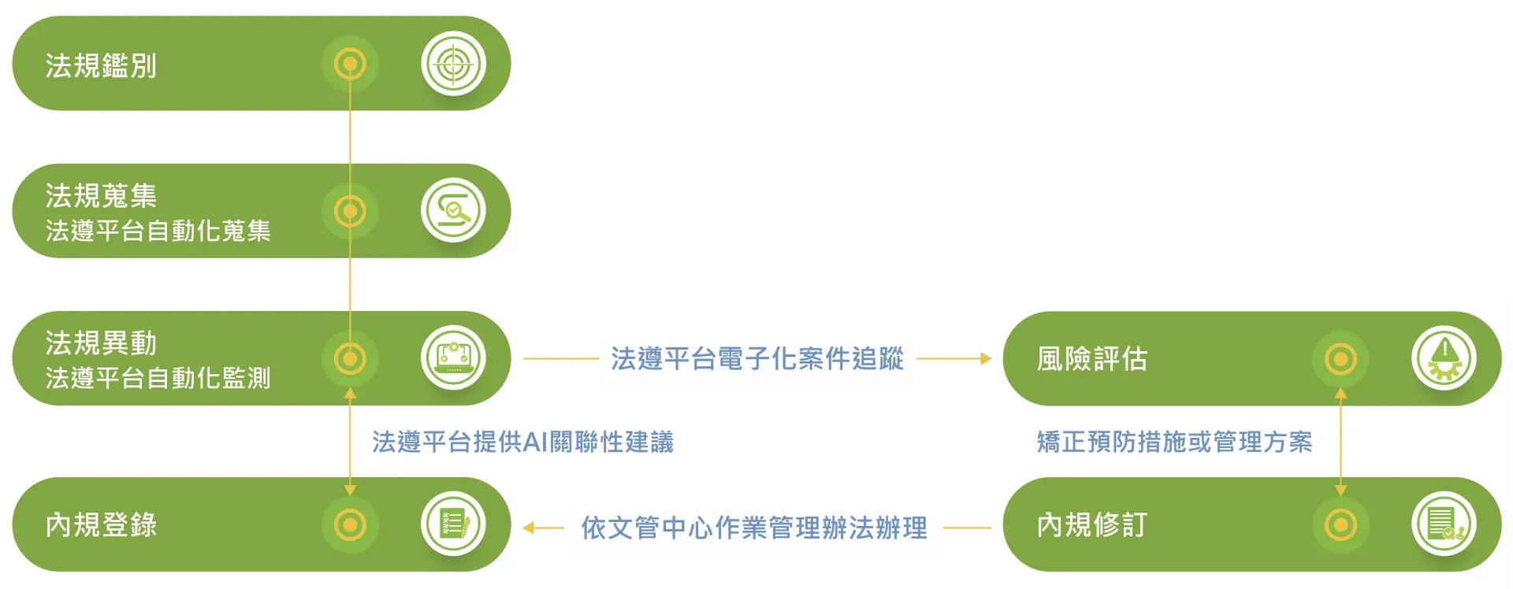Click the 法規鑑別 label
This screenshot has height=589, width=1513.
point(101,65)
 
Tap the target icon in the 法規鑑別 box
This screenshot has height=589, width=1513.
point(453,63)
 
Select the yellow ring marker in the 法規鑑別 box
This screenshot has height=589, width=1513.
point(350,63)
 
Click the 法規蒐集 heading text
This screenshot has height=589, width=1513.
point(101,195)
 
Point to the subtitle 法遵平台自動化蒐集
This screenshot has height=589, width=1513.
point(158,231)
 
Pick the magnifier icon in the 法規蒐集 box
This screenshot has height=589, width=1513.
point(453,210)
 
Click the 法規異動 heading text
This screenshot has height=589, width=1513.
point(101,343)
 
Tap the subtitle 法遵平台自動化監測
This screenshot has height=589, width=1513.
point(158,378)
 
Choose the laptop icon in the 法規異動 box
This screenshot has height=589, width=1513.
point(453,358)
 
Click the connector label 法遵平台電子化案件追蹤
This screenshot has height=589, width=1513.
point(757,359)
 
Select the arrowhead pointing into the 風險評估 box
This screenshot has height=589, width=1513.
point(986,358)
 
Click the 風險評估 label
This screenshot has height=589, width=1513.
point(1092,359)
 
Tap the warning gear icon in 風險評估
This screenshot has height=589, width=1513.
point(1444,358)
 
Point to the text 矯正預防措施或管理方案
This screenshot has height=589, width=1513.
point(1174,442)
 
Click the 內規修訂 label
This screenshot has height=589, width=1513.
point(1092,524)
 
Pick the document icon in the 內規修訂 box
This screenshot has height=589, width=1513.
point(1444,524)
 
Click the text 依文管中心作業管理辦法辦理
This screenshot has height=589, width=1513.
point(754,528)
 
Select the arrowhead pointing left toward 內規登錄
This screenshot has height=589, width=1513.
point(530,528)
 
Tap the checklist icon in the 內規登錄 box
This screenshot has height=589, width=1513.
point(453,524)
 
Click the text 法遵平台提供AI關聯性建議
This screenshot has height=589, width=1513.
point(522,442)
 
